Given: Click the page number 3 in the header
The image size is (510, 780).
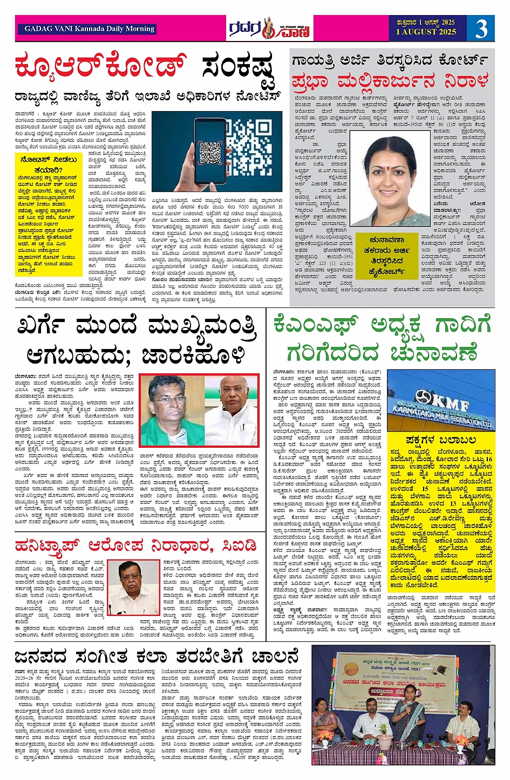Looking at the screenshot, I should [481, 28].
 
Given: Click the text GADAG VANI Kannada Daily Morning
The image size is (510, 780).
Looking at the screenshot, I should [89, 29].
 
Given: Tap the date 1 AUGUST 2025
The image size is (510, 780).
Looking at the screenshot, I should [426, 32].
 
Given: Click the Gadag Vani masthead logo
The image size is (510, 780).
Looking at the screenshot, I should [268, 28].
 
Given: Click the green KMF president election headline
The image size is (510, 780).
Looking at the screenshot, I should [382, 338].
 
